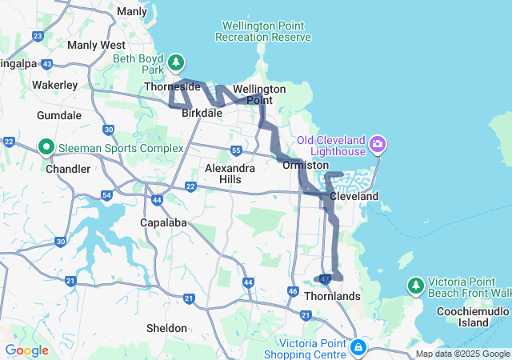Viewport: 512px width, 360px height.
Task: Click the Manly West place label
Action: tap(96, 46)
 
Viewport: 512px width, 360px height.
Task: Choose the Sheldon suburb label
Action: tap(167, 328)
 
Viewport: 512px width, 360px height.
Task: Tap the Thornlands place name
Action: tap(332, 296)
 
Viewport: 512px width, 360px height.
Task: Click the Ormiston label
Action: tap(305, 165)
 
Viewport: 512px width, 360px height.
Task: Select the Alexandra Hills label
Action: tap(230, 174)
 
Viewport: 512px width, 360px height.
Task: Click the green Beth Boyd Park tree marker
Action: tap(176, 62)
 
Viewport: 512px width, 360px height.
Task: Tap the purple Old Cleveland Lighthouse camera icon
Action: tap(378, 146)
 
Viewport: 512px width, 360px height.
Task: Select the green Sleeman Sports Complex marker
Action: tap(46, 147)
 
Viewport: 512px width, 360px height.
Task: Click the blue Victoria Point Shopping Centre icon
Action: tap(358, 349)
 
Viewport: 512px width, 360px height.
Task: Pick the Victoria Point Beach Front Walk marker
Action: tap(415, 285)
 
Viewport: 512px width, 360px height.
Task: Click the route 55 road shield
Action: tap(236, 150)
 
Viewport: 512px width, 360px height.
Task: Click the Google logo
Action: tap(26, 350)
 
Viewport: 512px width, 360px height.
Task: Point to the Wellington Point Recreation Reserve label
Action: tap(262, 31)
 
